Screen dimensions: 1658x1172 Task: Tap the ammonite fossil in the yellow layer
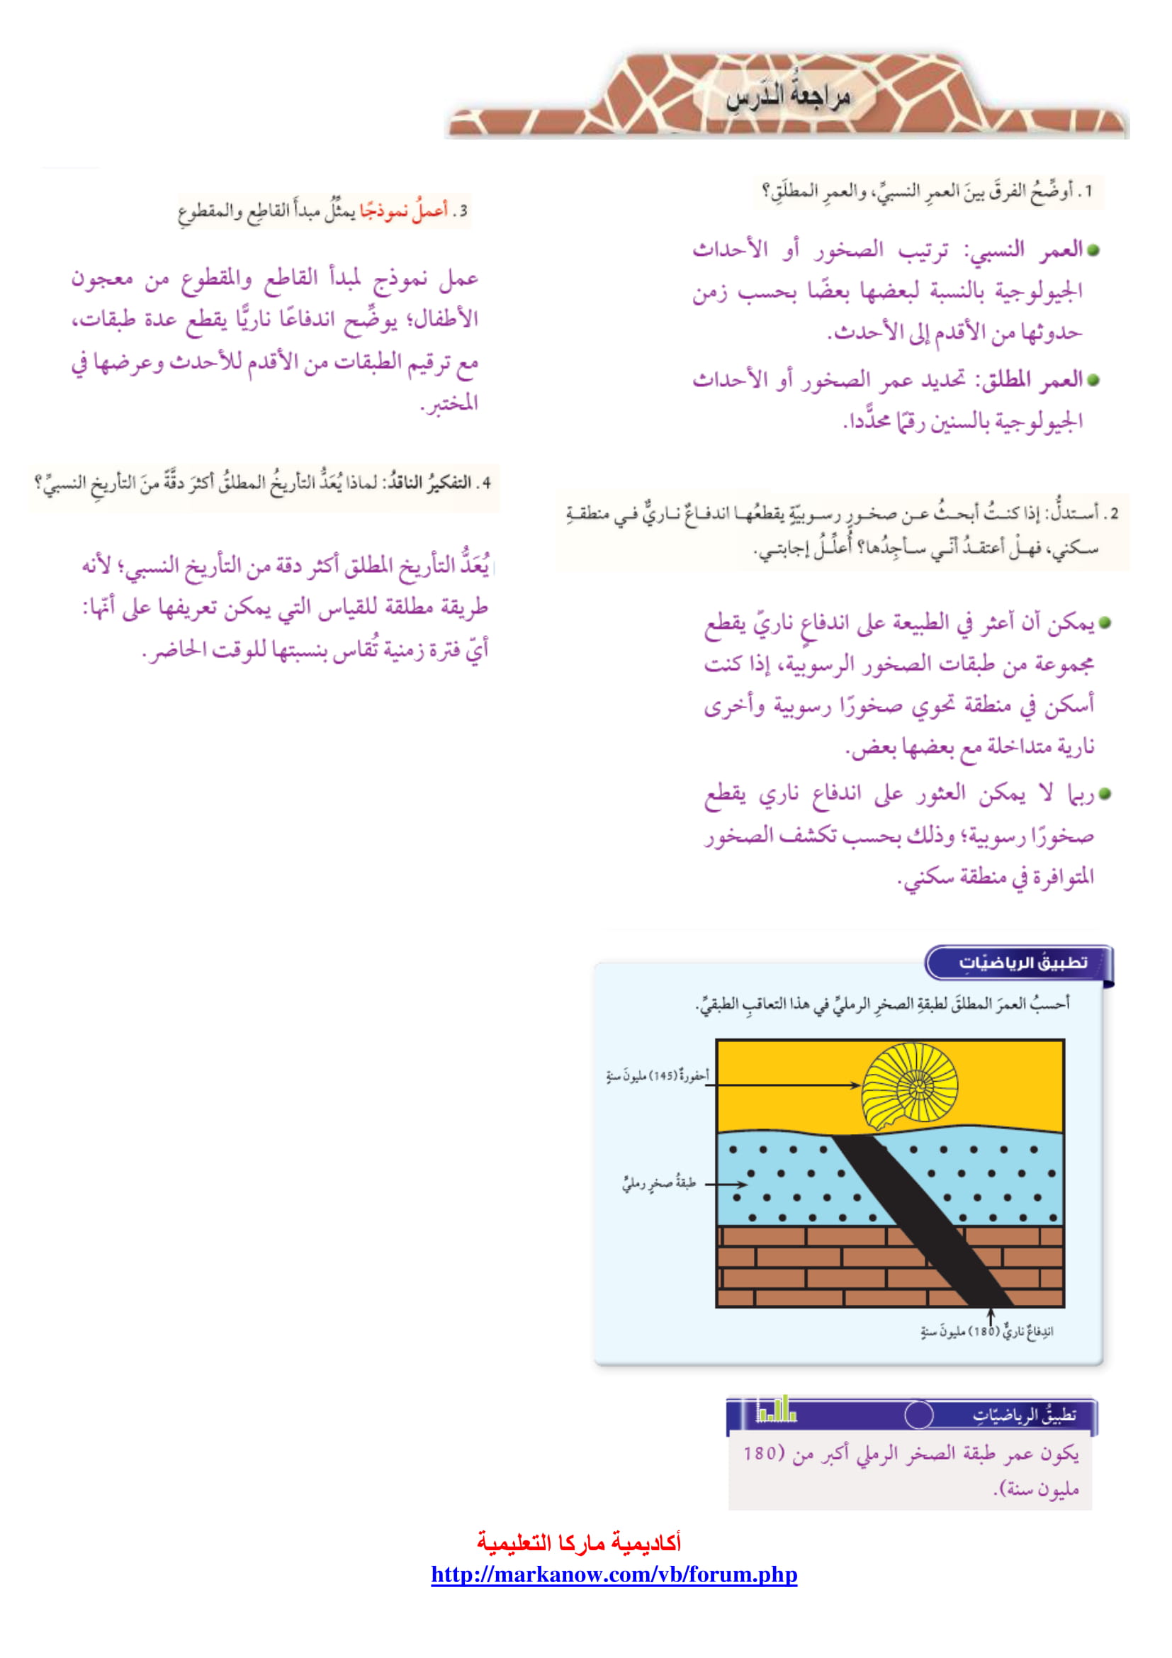[x=911, y=1087]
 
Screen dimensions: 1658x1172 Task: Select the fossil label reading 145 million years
[x=658, y=1076]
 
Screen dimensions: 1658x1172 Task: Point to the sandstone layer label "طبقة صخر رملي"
[x=659, y=1184]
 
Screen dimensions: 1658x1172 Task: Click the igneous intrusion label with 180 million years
[x=986, y=1331]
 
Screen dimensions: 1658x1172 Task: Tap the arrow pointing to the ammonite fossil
[x=787, y=1085]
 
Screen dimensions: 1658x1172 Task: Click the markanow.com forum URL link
[x=614, y=1574]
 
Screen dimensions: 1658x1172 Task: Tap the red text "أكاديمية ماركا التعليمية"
[x=579, y=1542]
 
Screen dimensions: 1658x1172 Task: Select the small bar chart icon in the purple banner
[x=776, y=1410]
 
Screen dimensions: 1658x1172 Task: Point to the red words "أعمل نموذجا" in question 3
[x=403, y=211]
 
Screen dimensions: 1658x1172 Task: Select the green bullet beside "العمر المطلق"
[x=1093, y=380]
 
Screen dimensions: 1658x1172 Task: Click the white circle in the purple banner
[x=919, y=1415]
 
